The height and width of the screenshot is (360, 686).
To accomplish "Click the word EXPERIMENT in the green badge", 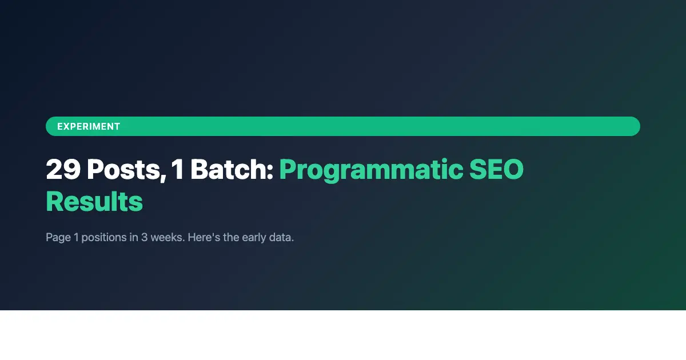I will click(x=89, y=126).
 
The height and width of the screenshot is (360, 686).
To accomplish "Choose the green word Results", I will click(x=94, y=201).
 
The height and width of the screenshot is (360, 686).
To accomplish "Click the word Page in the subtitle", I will click(x=58, y=237).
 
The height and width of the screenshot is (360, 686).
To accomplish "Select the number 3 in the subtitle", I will click(x=145, y=237).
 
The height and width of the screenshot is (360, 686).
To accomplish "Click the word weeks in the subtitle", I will click(x=166, y=237).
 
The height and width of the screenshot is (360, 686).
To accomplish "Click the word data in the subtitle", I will click(x=281, y=237).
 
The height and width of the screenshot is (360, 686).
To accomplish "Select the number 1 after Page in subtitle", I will click(x=76, y=237).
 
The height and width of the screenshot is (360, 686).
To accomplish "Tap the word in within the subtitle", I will click(x=133, y=237).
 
